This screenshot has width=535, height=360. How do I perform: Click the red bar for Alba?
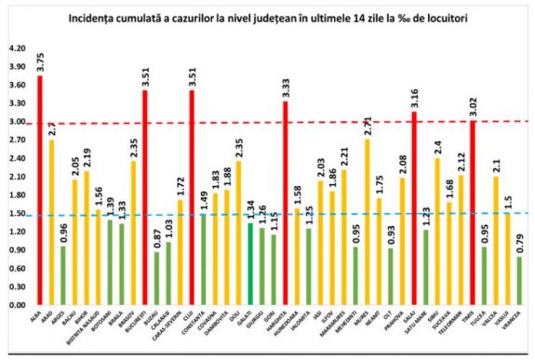40,190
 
